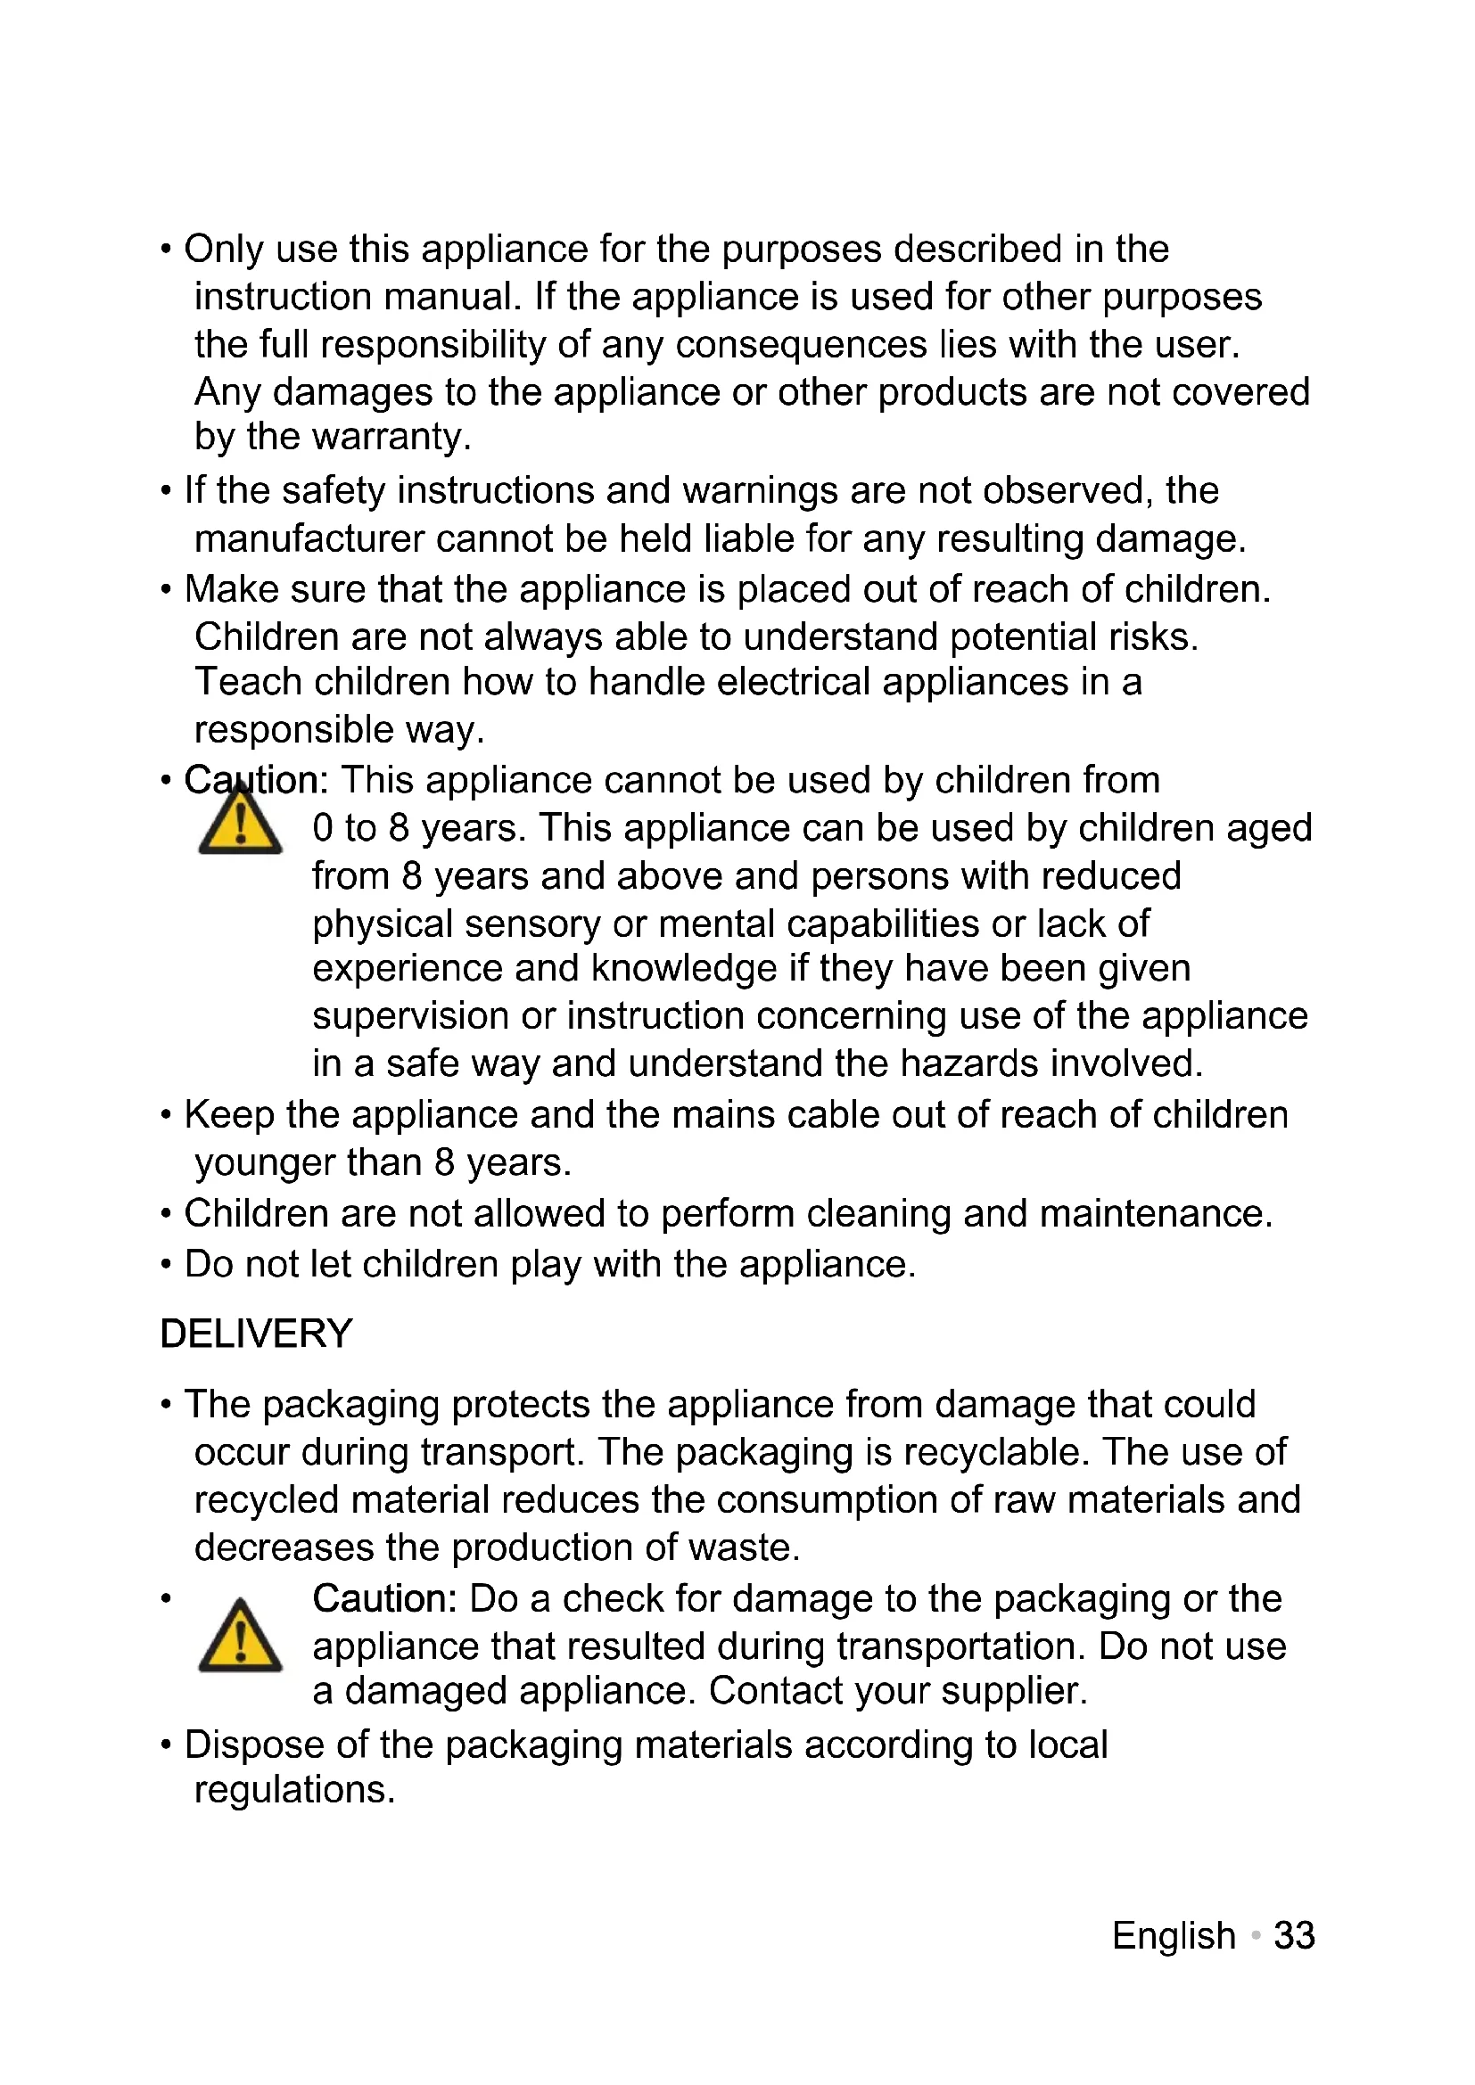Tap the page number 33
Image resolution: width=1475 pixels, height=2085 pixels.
(x=1293, y=1935)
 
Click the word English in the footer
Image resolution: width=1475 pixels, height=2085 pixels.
(x=1174, y=1935)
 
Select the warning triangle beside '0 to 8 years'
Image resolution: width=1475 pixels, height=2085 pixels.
(x=240, y=823)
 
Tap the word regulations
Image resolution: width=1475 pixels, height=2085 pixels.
(x=293, y=1790)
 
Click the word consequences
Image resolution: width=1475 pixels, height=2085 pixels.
(x=801, y=345)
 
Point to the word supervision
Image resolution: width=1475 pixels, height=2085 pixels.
(x=409, y=1016)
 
